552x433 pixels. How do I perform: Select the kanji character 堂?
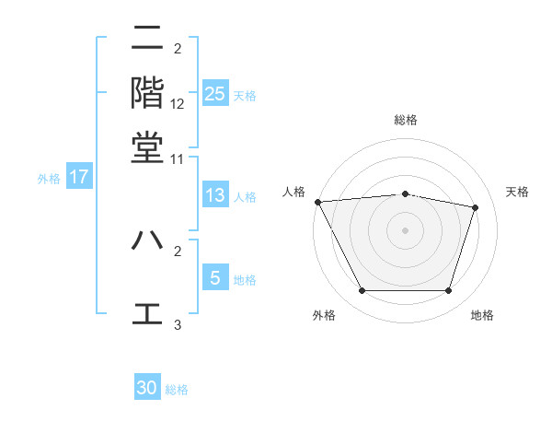pos(147,146)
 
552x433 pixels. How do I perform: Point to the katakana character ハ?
pos(147,240)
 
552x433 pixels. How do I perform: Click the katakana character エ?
pos(147,312)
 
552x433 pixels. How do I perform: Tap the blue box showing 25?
pos(215,94)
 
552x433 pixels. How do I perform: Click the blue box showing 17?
pos(79,177)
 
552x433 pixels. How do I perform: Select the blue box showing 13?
pos(215,195)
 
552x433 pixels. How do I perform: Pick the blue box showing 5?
pos(215,278)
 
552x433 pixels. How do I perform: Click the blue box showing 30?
pos(147,388)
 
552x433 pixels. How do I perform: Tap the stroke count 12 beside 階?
pos(178,104)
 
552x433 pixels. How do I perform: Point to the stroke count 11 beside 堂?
pos(178,159)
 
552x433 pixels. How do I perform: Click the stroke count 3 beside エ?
pos(178,324)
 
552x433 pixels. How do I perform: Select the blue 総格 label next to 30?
pos(178,390)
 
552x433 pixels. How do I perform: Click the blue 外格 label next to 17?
pos(48,179)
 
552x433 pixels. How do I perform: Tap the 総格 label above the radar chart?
pos(406,120)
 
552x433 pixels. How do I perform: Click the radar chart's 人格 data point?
pos(317,202)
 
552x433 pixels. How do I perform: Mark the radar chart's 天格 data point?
pos(476,207)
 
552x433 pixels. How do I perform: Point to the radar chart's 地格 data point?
pos(448,291)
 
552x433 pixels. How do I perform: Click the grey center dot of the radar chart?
pos(406,229)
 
